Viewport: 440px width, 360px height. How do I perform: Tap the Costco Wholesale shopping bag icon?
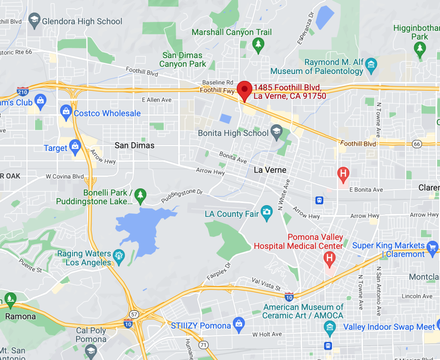point(66,113)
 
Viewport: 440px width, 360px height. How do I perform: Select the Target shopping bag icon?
point(75,147)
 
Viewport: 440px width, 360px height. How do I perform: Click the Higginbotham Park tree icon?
point(420,49)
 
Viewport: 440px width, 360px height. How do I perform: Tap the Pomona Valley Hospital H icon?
point(330,258)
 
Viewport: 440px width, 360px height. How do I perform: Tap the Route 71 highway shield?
point(203,345)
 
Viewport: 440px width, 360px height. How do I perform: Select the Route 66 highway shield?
point(416,144)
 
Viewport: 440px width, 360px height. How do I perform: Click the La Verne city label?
point(270,170)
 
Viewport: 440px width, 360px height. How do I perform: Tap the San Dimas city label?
point(134,145)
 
